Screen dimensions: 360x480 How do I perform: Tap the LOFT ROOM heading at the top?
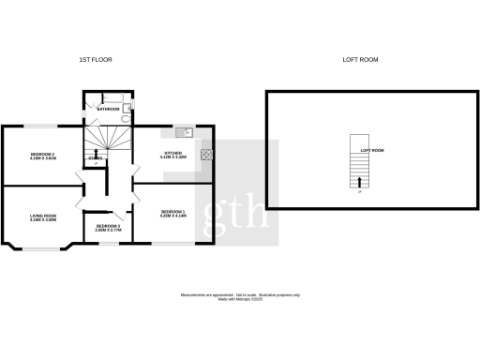362,59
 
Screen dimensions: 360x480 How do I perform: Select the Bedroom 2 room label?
43,156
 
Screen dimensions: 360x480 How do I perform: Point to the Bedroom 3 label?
109,227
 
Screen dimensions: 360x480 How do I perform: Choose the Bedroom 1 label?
174,214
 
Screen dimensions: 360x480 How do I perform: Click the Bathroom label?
108,110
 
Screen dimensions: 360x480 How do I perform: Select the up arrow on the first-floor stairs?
96,154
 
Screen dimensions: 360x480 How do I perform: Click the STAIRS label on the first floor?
95,158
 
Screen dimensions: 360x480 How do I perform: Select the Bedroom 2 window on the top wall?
41,127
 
